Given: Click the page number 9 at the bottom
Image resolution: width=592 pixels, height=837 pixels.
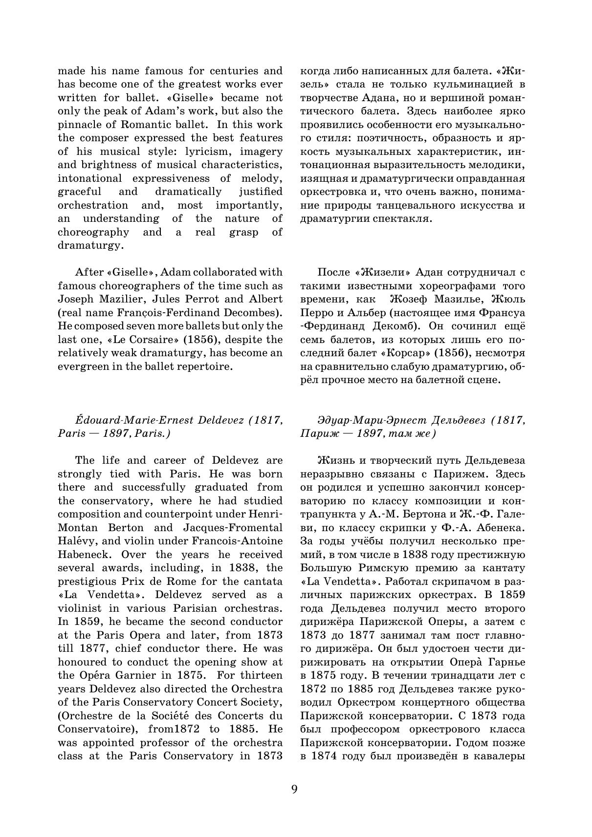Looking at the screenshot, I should click(294, 789).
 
